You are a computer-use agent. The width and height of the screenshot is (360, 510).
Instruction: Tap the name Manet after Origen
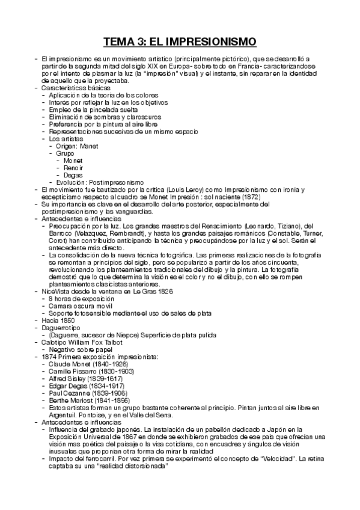pyautogui.click(x=88, y=146)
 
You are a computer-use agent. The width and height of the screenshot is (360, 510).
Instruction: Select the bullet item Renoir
pyautogui.click(x=73, y=167)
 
